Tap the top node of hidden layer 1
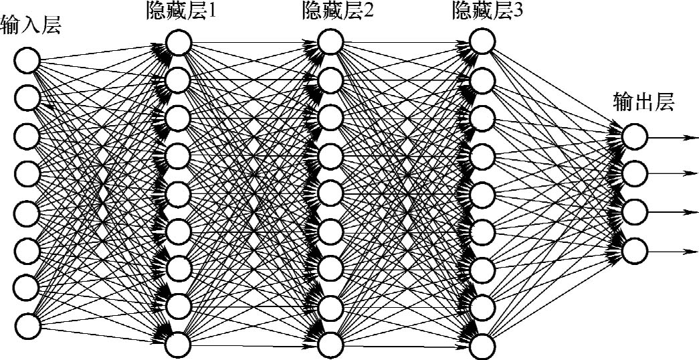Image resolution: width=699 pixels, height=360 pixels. tap(179, 43)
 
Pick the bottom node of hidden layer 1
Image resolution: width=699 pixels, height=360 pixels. tap(179, 345)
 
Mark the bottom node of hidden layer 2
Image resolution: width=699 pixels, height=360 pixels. tap(330, 345)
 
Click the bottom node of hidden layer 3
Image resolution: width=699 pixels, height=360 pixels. tap(482, 345)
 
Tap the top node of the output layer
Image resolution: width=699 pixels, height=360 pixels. tap(635, 137)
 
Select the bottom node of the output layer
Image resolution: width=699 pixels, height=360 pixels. tap(635, 251)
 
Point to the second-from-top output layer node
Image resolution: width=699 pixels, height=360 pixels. tap(635, 175)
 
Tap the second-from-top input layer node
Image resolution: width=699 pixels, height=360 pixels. tap(27, 98)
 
